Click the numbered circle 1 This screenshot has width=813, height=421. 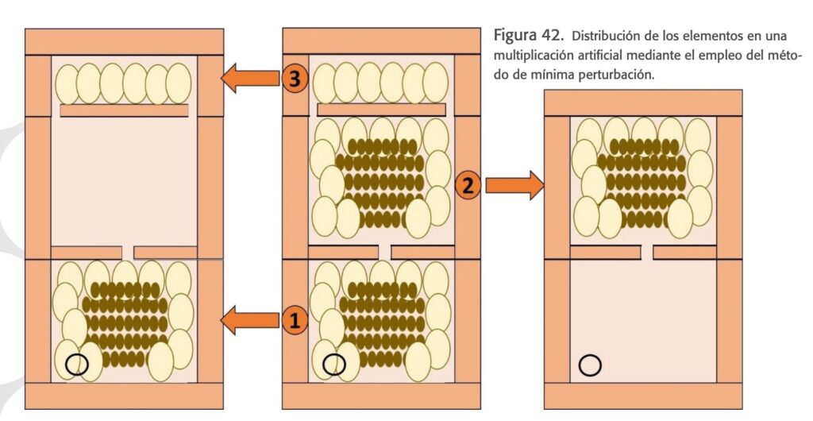coord(294,321)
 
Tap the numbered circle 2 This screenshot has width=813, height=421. coord(468,186)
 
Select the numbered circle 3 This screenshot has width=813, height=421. coord(294,79)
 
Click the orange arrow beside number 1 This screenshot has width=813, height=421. coord(249,321)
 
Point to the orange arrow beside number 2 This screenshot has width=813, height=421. coord(514,186)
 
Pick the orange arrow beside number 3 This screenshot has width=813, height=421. coord(249,79)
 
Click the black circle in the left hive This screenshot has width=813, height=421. coord(77,364)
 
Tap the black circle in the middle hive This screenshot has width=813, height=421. coord(335,364)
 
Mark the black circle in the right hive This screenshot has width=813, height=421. coord(590,364)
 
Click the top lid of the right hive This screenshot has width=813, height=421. coord(642,102)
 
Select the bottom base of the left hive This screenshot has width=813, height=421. coord(124,395)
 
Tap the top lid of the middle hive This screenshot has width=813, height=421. coord(382,40)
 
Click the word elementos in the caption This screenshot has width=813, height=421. coord(726,37)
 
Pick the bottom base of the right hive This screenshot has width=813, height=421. coord(642,395)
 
